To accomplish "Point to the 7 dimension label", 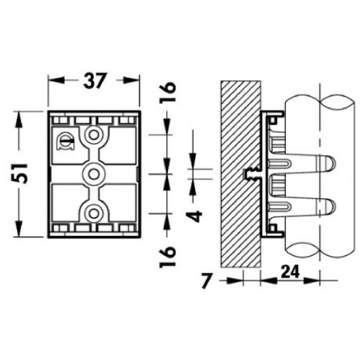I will [207, 281].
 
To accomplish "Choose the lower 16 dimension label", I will [168, 256].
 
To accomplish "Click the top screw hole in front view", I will [93, 135].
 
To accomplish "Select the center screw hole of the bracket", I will [93, 174].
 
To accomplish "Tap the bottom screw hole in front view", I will [93, 213].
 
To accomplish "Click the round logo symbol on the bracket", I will [64, 142].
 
